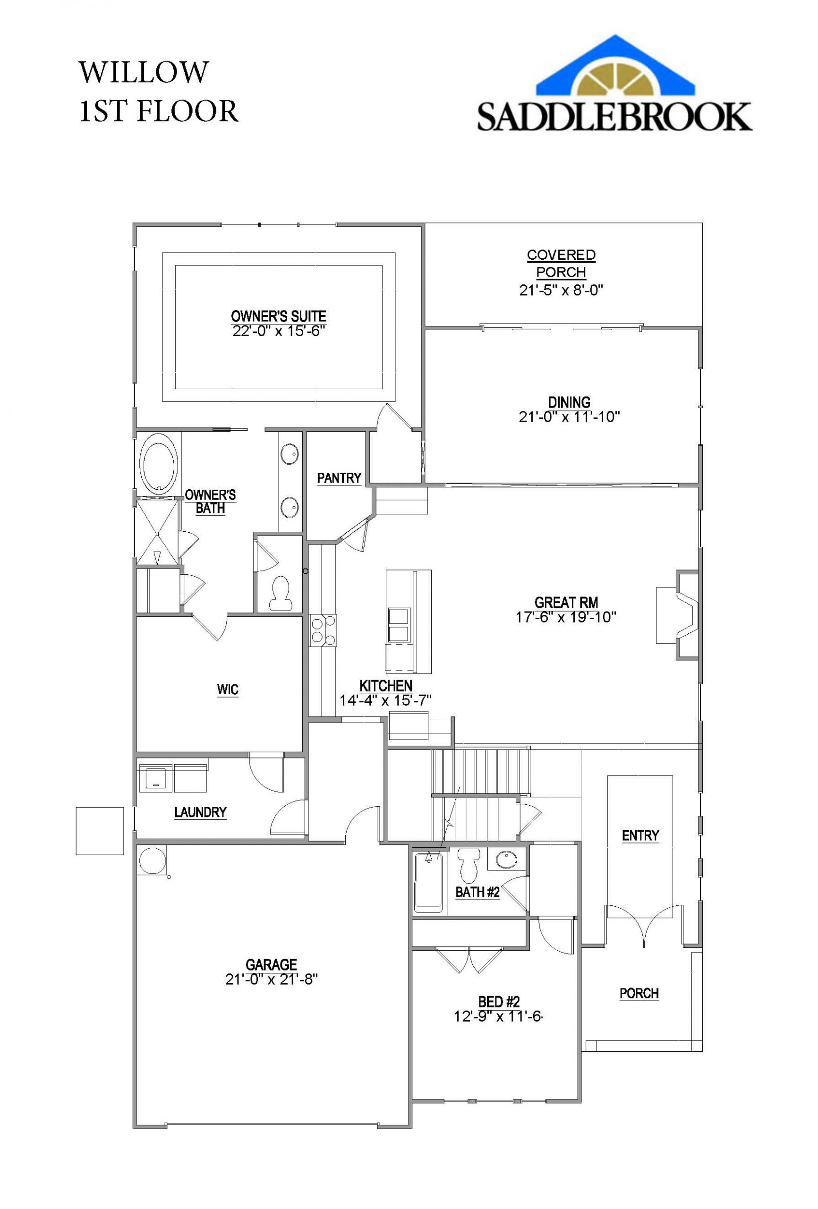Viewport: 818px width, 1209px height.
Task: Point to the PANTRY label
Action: [339, 477]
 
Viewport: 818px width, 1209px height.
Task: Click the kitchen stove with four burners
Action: [323, 630]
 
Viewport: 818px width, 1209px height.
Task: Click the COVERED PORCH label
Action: [561, 263]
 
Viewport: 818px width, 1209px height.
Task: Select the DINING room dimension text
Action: [569, 417]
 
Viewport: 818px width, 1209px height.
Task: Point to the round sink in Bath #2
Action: [504, 860]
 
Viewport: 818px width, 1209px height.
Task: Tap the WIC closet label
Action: [227, 690]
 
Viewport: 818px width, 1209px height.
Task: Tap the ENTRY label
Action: [640, 835]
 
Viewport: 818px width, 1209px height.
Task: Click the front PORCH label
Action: [639, 993]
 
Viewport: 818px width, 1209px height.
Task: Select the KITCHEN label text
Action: [385, 686]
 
